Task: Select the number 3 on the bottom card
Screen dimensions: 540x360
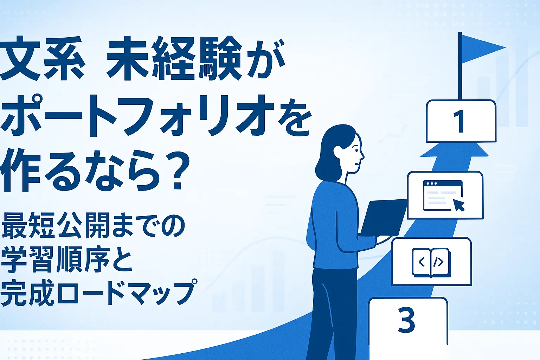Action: pyautogui.click(x=406, y=319)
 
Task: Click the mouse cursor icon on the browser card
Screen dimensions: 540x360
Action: pyautogui.click(x=459, y=205)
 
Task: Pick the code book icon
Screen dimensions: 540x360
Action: pyautogui.click(x=431, y=263)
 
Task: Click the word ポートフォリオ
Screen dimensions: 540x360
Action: pyautogui.click(x=137, y=116)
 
